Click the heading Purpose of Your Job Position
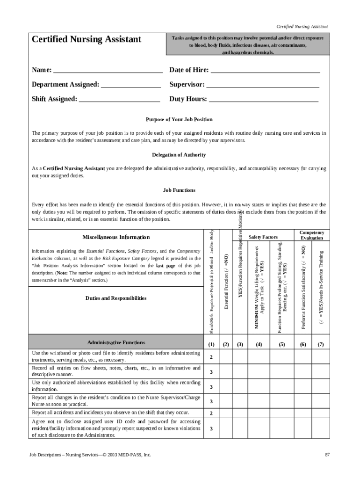[x=179, y=119]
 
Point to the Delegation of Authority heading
[x=179, y=155]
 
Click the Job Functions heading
[x=179, y=190]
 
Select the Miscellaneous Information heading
[x=116, y=237]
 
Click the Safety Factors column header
[x=263, y=237]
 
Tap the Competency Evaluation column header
[x=311, y=235]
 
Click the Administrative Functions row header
[x=116, y=342]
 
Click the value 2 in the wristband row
[x=211, y=357]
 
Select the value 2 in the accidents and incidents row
[x=211, y=414]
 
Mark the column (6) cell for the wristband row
[x=303, y=357]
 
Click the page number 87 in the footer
[x=327, y=454]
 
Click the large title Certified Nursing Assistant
[x=86, y=39]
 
